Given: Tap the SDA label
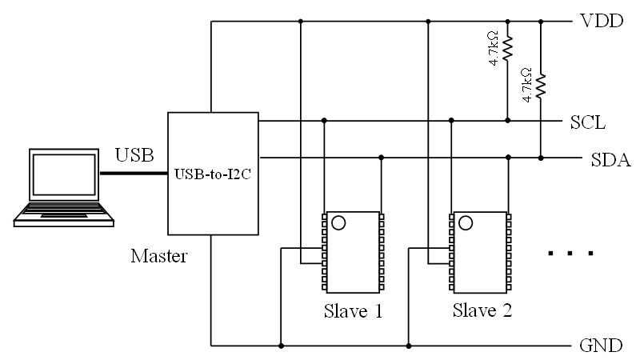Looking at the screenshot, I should (x=610, y=160).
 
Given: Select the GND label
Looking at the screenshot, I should (x=600, y=346).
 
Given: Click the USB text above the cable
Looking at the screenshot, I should (x=131, y=153).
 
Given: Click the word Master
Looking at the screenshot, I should (x=158, y=257).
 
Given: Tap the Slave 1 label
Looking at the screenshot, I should (x=353, y=310).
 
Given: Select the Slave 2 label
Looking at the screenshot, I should (x=482, y=310).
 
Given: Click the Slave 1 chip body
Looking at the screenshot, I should (x=352, y=252).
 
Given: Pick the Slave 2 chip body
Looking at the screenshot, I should (x=481, y=252).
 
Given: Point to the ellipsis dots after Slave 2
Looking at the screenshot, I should (x=570, y=254).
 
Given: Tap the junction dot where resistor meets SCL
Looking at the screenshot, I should (x=508, y=121).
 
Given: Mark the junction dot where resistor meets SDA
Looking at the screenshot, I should (x=541, y=157).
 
